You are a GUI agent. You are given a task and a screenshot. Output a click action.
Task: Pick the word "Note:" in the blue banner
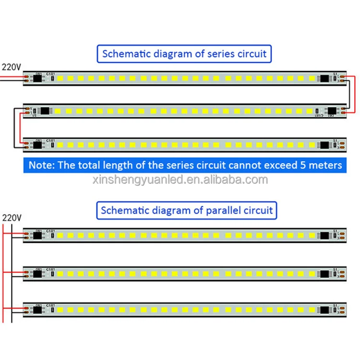[x=41, y=165]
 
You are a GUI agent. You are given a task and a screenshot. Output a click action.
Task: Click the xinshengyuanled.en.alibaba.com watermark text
[x=180, y=180]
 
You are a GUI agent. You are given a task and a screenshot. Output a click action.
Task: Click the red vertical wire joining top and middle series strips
[x=355, y=94]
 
